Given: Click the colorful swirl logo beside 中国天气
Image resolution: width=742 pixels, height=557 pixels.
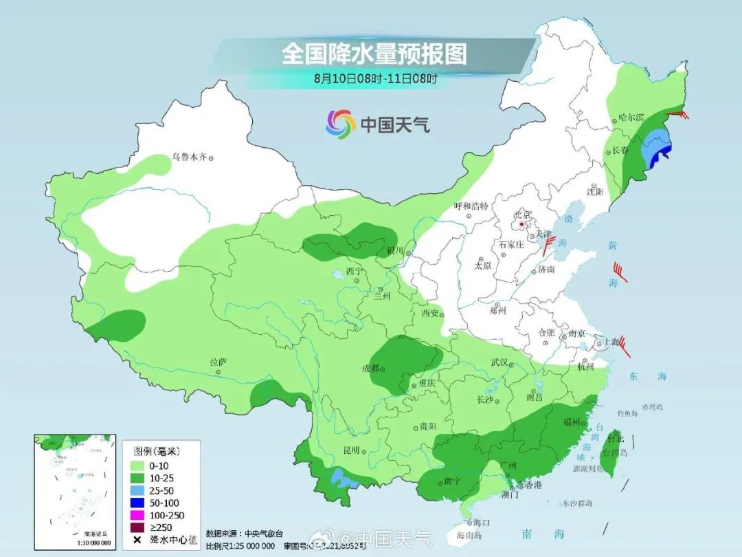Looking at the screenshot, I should click(x=340, y=124).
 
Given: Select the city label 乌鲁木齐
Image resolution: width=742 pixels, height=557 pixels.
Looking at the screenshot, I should click(x=189, y=157).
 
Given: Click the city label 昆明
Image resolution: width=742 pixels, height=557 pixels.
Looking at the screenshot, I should click(x=351, y=450).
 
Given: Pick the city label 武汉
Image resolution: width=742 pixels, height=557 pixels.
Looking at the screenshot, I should click(x=499, y=362).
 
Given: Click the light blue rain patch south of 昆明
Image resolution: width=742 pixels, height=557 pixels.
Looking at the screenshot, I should click(x=339, y=475).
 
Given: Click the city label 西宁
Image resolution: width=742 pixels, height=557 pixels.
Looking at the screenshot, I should click(x=353, y=271).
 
